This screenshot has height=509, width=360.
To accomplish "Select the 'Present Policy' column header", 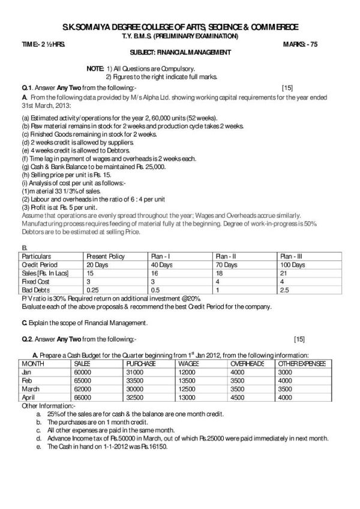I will point(106,256).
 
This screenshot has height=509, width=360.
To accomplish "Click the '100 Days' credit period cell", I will point(293,264).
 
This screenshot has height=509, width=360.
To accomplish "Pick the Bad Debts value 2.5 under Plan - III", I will point(284,288).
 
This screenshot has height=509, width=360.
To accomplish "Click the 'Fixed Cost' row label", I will point(34,280).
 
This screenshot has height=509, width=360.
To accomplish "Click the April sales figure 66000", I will point(83,397).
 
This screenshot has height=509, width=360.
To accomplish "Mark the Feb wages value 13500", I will point(189,380).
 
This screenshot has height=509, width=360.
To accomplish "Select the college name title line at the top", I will point(180,28).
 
